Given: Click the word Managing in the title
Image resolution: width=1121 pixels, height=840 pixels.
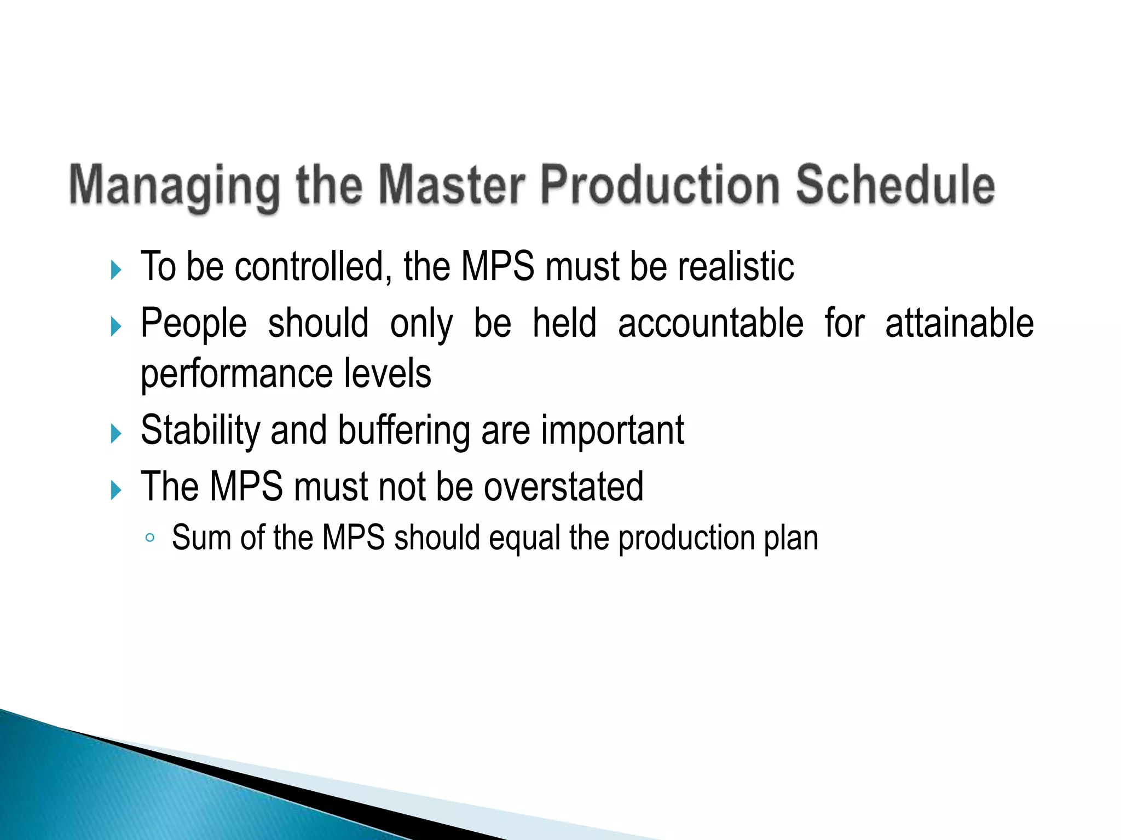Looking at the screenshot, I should pos(174,186).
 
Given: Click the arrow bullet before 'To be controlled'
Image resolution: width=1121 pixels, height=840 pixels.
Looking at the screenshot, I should pos(115,270).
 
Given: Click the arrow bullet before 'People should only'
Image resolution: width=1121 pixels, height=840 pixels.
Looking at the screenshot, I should pos(115,326).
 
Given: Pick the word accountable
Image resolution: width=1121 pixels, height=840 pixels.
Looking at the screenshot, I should pos(710,323).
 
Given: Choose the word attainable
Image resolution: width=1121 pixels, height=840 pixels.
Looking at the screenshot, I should pos(959,323).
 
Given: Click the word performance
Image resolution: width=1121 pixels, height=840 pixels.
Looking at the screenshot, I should pos(236,375).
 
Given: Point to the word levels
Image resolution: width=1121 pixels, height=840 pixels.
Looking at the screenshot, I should pos(388,374).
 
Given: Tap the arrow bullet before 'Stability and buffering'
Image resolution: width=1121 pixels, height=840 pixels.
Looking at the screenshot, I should pos(115,434).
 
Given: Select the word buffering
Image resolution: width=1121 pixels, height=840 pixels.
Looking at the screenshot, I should pos(404,431).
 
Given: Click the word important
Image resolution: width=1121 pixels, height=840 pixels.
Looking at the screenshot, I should pos(612,431).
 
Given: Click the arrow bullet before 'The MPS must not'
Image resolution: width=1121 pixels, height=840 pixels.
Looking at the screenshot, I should pos(115,490).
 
